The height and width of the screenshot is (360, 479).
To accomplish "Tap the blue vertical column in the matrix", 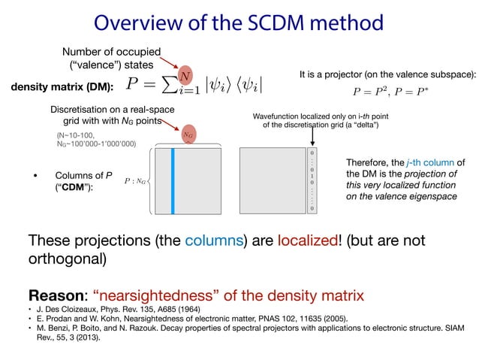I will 173,180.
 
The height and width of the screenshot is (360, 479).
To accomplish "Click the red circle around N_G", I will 188,135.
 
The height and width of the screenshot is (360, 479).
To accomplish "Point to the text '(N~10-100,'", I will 76,135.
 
